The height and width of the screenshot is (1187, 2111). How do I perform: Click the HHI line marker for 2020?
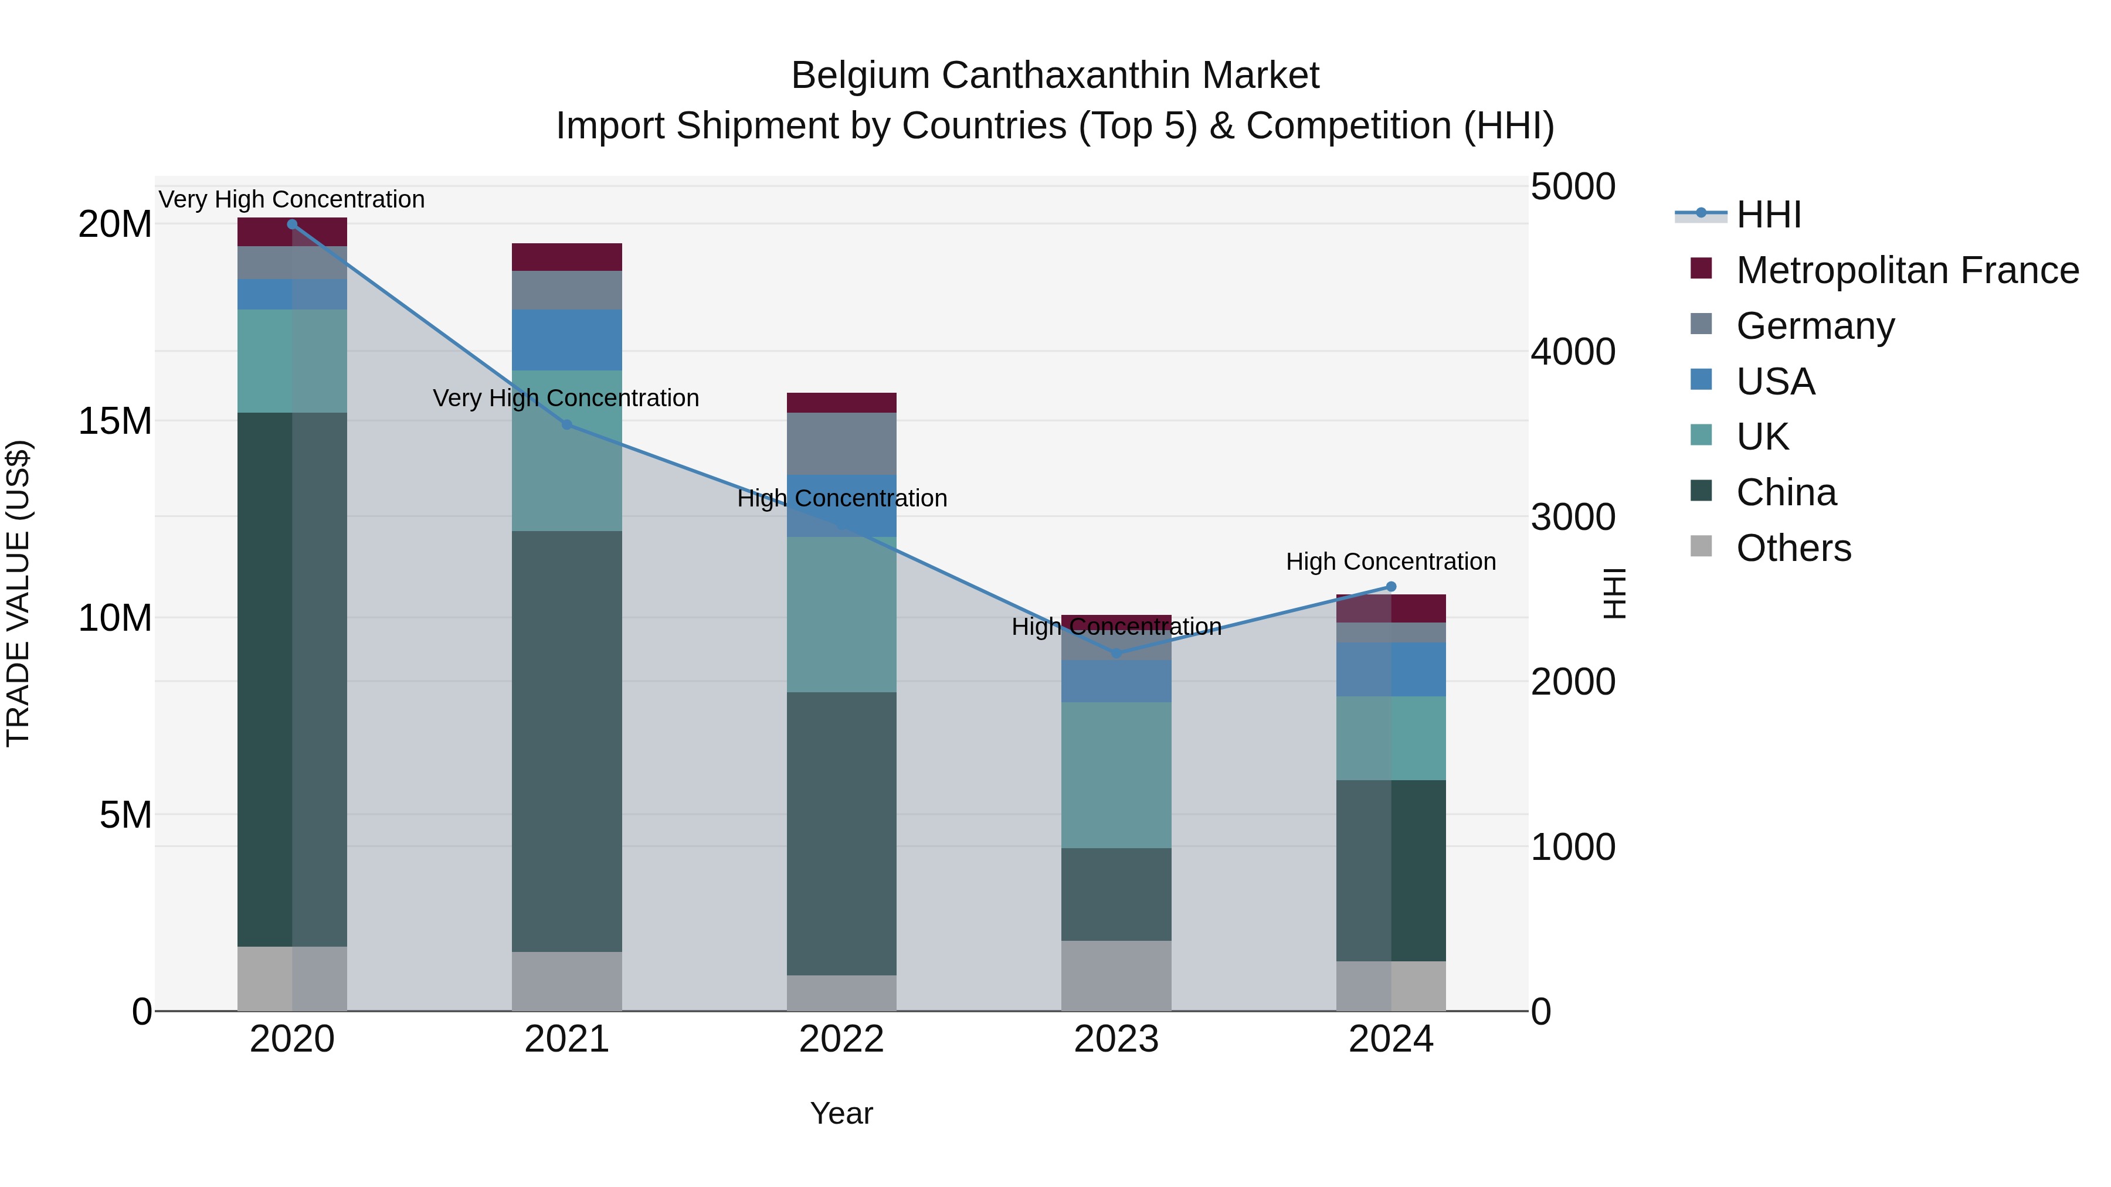pyautogui.click(x=292, y=224)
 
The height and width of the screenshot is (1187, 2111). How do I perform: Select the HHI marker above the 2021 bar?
pyautogui.click(x=566, y=424)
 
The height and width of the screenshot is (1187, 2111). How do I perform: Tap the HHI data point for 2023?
pyautogui.click(x=1115, y=653)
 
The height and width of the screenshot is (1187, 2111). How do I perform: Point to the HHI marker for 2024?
pyautogui.click(x=1391, y=587)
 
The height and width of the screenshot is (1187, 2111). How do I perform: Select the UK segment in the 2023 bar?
pyautogui.click(x=1115, y=774)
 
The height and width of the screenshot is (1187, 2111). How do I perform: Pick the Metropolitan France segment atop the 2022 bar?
pyautogui.click(x=841, y=402)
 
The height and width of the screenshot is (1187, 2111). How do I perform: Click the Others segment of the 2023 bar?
pyautogui.click(x=1115, y=975)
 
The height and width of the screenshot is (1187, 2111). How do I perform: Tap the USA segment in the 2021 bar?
pyautogui.click(x=566, y=339)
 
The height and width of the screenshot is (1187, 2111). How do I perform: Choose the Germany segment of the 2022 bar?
pyautogui.click(x=841, y=443)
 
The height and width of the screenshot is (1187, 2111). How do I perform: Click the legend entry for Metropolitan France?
pyautogui.click(x=1907, y=270)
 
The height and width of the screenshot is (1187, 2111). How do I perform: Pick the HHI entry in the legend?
pyautogui.click(x=1769, y=215)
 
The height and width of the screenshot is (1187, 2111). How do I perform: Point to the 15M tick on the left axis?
pyautogui.click(x=115, y=421)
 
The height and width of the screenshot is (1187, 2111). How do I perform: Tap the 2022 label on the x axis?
pyautogui.click(x=841, y=1039)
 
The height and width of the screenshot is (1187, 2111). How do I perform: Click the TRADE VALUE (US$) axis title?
pyautogui.click(x=19, y=593)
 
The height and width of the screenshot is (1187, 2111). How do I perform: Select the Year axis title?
pyautogui.click(x=841, y=1113)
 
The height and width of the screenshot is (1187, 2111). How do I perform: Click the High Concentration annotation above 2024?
pyautogui.click(x=1391, y=562)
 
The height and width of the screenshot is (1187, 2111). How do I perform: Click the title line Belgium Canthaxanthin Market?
pyautogui.click(x=1055, y=76)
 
